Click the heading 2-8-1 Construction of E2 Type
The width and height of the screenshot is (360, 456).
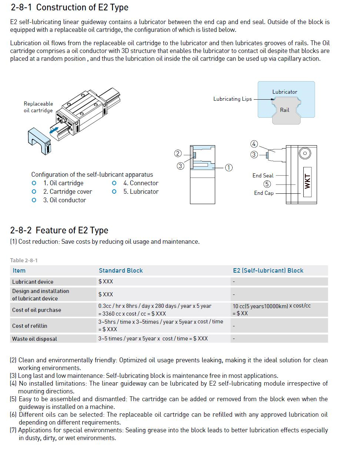pyautogui.click(x=69, y=7)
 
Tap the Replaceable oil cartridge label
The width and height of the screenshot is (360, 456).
pyautogui.click(x=38, y=107)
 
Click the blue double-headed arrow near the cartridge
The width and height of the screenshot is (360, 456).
pyautogui.click(x=54, y=130)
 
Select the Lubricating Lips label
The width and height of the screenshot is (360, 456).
pyautogui.click(x=232, y=99)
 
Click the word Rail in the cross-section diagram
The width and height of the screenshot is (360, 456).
pyautogui.click(x=284, y=110)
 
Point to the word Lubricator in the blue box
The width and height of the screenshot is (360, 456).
pyautogui.click(x=284, y=92)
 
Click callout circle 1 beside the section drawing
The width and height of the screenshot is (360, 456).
pyautogui.click(x=229, y=167)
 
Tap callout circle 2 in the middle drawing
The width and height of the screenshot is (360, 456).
pyautogui.click(x=178, y=153)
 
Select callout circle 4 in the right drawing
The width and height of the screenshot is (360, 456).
pyautogui.click(x=254, y=144)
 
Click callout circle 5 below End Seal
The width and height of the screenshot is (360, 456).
pyautogui.click(x=267, y=184)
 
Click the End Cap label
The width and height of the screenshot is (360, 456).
pyautogui.click(x=264, y=193)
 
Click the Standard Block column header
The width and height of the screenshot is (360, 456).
pyautogui.click(x=121, y=270)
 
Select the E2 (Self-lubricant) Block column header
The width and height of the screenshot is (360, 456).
pyautogui.click(x=268, y=270)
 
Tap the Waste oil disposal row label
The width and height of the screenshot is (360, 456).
pyautogui.click(x=34, y=339)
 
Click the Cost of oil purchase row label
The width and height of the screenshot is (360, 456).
pyautogui.click(x=37, y=310)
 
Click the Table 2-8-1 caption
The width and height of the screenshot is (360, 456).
pyautogui.click(x=24, y=260)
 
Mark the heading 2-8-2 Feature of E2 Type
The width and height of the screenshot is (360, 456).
pyautogui.click(x=59, y=230)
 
